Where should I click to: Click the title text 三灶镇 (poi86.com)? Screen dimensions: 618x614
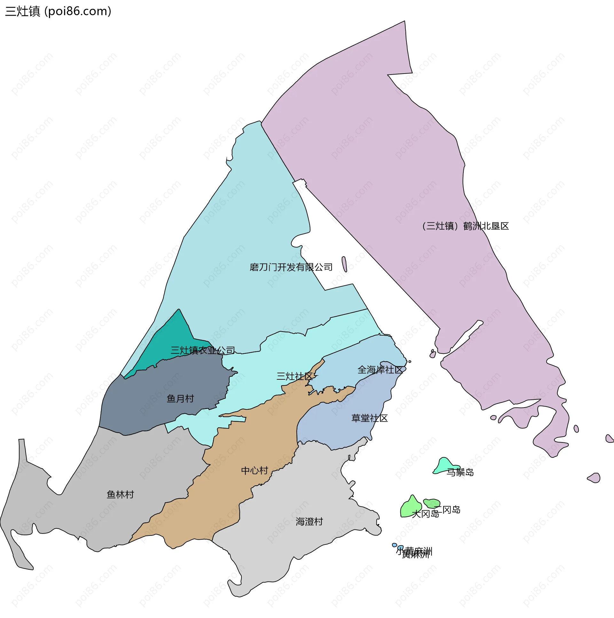[58, 12]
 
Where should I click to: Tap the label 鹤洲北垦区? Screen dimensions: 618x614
[466, 226]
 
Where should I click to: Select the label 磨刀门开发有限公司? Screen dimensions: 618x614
[291, 267]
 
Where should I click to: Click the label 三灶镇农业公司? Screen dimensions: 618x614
[203, 350]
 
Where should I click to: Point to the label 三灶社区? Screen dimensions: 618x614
[295, 376]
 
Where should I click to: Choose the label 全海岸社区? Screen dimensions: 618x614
[380, 370]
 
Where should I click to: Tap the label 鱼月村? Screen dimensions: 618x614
[180, 399]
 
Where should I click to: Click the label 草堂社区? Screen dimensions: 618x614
[369, 418]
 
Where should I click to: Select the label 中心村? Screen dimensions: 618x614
[255, 471]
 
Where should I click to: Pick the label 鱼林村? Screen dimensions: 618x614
[120, 495]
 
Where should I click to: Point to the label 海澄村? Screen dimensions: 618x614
[309, 522]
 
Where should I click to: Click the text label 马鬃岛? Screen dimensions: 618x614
[460, 472]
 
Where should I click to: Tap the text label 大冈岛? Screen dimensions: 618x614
[425, 514]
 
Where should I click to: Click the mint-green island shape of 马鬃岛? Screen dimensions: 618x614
[443, 466]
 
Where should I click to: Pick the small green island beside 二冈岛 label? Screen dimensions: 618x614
[432, 503]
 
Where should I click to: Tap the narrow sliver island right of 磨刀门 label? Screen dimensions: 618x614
[344, 264]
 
